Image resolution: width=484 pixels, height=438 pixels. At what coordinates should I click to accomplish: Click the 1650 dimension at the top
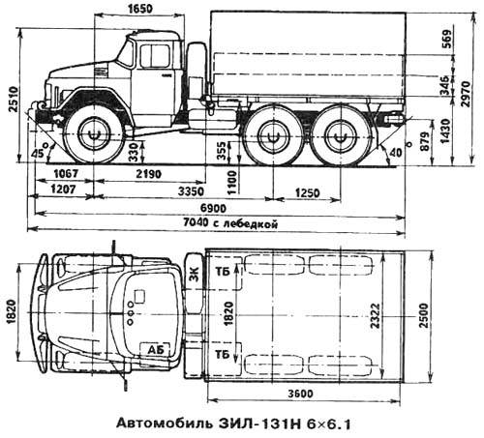click(x=139, y=8)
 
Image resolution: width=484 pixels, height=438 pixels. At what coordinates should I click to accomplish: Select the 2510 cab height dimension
click(x=14, y=100)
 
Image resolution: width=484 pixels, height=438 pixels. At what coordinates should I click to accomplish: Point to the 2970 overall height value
click(x=466, y=94)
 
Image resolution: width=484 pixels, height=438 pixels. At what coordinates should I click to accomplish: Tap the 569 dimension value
click(x=446, y=39)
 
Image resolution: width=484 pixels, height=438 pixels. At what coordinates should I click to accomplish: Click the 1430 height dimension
click(x=446, y=131)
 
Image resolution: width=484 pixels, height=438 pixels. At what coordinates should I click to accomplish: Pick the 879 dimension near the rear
click(x=426, y=141)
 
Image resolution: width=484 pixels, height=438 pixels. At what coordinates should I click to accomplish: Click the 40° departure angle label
click(x=400, y=150)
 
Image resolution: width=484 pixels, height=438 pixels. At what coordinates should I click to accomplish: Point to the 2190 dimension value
click(x=148, y=174)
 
